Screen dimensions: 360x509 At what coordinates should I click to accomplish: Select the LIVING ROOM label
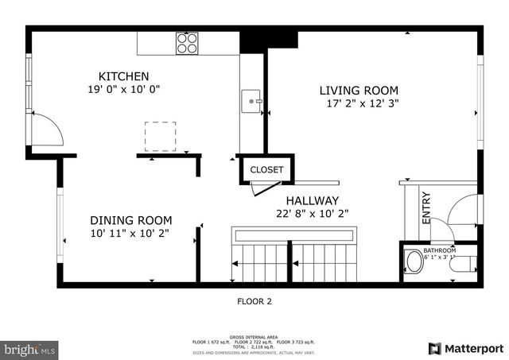[x=359, y=91]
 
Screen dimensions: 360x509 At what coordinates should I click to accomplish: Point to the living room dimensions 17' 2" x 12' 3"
[x=362, y=103]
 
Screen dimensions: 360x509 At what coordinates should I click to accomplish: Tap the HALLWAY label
[x=313, y=200]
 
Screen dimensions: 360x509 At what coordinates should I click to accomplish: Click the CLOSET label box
[x=266, y=170]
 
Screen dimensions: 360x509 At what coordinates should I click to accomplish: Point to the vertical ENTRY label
[x=425, y=207]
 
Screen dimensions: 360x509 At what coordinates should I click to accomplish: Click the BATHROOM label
[x=439, y=249]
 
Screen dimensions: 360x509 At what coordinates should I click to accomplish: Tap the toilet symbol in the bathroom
[x=414, y=262]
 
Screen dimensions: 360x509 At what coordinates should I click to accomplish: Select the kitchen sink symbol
[x=251, y=101]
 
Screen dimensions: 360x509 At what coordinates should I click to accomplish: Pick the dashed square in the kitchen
[x=161, y=135]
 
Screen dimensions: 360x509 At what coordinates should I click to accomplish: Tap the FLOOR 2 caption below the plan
[x=254, y=301]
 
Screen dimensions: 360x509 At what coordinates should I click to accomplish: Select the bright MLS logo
[x=30, y=349]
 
